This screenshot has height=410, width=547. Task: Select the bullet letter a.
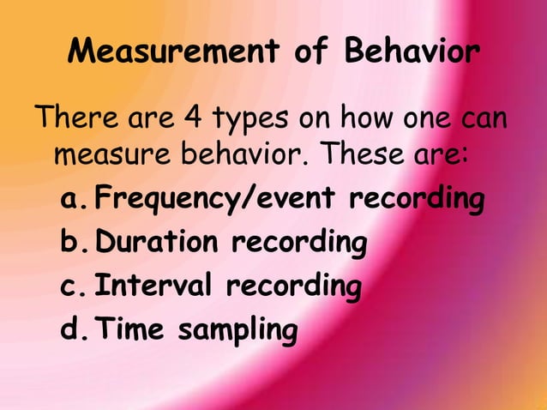pyautogui.click(x=72, y=201)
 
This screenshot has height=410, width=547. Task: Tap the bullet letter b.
pyautogui.click(x=72, y=243)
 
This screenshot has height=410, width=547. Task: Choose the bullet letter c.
pyautogui.click(x=72, y=286)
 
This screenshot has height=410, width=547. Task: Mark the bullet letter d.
pyautogui.click(x=72, y=328)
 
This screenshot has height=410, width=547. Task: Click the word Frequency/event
pyautogui.click(x=215, y=201)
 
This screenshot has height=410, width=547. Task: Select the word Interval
pyautogui.click(x=155, y=285)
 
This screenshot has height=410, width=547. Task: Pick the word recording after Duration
pyautogui.click(x=298, y=244)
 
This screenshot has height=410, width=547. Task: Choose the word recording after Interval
pyautogui.click(x=293, y=286)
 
